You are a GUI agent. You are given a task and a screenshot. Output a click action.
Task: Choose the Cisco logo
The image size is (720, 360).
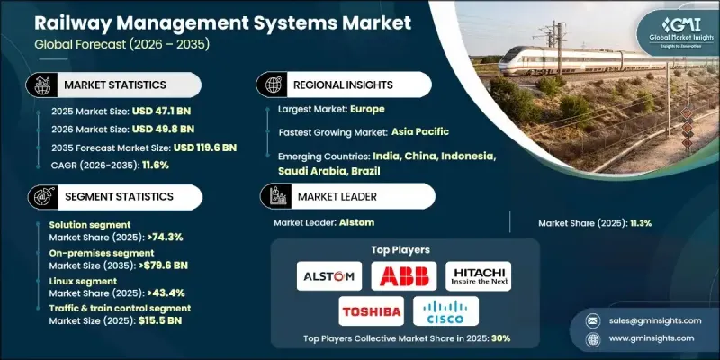pos(445,311)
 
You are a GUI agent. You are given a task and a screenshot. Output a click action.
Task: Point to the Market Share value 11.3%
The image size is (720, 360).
pos(639,223)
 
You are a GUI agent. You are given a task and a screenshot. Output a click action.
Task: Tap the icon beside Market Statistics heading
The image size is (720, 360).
pos(39,85)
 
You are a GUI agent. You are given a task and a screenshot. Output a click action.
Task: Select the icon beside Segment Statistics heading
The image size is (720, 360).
pos(39,196)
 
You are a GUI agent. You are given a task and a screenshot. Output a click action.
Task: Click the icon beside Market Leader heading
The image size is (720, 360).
pos(272,196)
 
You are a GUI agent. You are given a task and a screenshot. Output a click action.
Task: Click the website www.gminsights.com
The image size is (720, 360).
pos(651,337)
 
